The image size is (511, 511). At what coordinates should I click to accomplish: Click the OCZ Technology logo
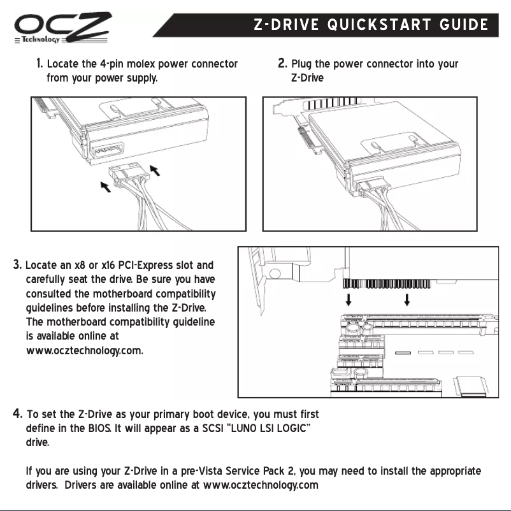point(62,29)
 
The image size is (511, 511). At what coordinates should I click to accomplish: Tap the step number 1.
point(40,64)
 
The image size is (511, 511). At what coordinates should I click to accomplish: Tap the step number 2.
point(283,64)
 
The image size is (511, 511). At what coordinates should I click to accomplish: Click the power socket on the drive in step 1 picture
point(109,154)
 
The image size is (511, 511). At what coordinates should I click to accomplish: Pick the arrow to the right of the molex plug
point(154,170)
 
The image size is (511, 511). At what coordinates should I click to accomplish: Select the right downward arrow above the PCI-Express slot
point(407,299)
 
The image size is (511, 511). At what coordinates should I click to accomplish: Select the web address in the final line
point(261,486)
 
